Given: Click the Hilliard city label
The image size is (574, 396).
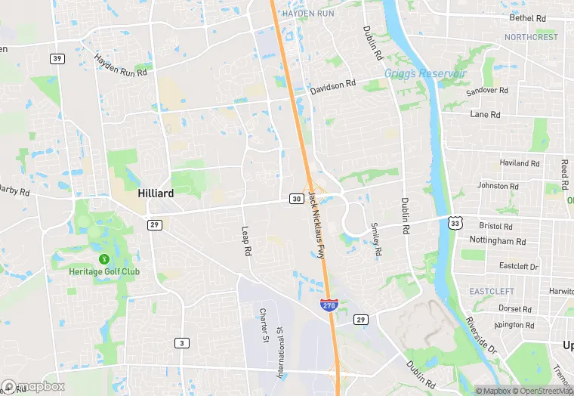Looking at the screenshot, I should click(x=156, y=193).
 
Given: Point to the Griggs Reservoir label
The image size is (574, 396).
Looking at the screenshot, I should click(x=425, y=73).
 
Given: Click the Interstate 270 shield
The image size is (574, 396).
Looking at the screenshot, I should click(x=329, y=305).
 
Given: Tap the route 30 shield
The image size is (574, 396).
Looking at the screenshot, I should click(x=295, y=199).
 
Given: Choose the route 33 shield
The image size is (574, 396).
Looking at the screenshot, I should click(x=454, y=222).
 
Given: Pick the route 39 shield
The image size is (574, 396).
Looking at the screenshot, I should click(x=57, y=58).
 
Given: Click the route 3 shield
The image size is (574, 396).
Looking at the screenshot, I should click(x=181, y=343).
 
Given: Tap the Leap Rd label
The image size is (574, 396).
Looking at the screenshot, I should click(x=245, y=242).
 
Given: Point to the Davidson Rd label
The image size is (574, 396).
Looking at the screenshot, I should click(x=332, y=87).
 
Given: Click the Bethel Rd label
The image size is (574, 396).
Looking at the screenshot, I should click(x=527, y=18).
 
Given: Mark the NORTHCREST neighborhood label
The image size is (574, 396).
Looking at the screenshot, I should click(x=531, y=37).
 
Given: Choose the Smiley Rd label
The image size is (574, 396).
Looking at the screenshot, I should click(x=375, y=239).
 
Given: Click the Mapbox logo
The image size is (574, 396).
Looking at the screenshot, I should click(x=33, y=386).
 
